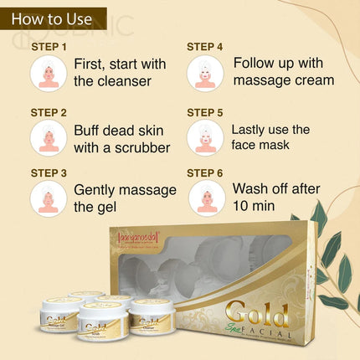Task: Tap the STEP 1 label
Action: (x=49, y=47)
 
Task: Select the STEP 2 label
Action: (x=49, y=111)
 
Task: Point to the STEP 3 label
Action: (x=49, y=172)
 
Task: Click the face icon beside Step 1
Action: (x=49, y=74)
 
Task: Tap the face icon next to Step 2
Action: (x=49, y=136)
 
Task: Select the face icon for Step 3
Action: (x=49, y=198)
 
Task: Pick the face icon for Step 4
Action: (x=204, y=74)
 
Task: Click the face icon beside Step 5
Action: (x=204, y=136)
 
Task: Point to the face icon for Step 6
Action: (x=204, y=198)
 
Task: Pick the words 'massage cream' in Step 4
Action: (x=284, y=81)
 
